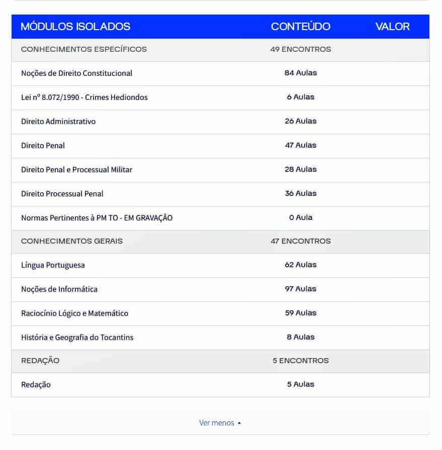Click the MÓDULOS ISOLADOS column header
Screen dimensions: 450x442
point(75,27)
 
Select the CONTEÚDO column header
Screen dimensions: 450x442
point(301,27)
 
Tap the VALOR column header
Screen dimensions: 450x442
point(392,27)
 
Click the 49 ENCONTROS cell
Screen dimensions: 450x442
point(301,49)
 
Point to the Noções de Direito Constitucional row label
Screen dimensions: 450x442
point(76,73)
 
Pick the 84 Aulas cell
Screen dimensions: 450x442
point(301,73)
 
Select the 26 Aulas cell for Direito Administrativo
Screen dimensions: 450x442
point(301,121)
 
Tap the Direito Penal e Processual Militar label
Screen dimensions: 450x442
point(76,170)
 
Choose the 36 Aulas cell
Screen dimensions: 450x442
point(301,193)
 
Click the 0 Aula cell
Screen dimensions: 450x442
point(301,217)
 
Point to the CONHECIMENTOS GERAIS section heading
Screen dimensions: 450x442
point(72,241)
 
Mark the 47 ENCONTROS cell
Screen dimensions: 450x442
point(301,241)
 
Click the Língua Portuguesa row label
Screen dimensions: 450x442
point(53,265)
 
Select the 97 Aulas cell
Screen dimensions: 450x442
point(301,289)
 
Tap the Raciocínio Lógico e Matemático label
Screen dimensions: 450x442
point(74,313)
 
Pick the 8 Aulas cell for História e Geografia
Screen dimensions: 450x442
point(301,337)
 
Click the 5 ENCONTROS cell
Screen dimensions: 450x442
point(301,361)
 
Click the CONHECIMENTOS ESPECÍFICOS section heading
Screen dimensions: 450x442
point(84,49)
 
